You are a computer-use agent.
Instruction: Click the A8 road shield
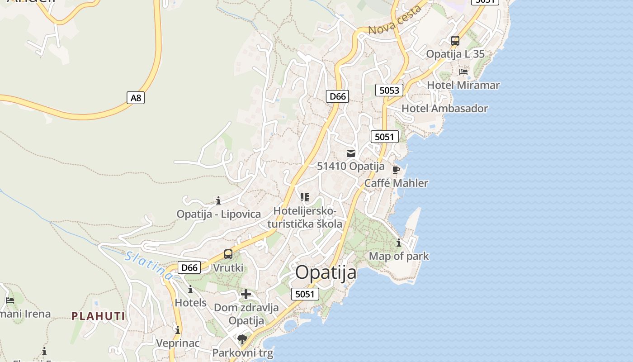[x=136, y=98]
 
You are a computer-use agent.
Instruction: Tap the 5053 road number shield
[x=389, y=90]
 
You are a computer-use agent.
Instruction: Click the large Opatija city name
[x=326, y=273]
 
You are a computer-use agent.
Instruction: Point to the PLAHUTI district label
[x=98, y=316]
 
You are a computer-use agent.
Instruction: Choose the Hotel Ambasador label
[x=445, y=109]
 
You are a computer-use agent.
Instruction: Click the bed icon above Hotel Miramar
[x=463, y=72]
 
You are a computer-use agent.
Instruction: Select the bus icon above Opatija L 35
[x=455, y=41]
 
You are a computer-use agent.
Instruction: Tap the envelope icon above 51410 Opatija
[x=351, y=153]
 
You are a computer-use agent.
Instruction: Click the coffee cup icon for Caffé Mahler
[x=396, y=170]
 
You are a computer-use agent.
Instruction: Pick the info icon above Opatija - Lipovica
[x=218, y=200]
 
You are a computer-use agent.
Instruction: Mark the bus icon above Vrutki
[x=228, y=254]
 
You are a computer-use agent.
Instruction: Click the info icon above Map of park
[x=399, y=243]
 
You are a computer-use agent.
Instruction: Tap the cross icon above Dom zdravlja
[x=246, y=295]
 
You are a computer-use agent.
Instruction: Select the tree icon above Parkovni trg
[x=242, y=339]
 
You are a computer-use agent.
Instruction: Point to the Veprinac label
[x=178, y=343]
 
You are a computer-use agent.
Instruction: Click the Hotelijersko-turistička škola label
[x=305, y=217]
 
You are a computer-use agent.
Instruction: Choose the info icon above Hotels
[x=190, y=290]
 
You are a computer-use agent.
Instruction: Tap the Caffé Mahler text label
[x=396, y=183]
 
